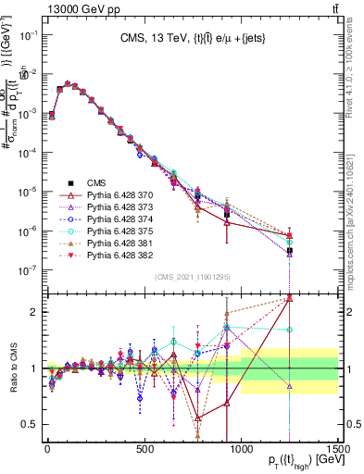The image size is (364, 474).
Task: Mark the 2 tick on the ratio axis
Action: click(x=35, y=311)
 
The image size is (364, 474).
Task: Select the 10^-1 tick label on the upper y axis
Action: click(x=27, y=34)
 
